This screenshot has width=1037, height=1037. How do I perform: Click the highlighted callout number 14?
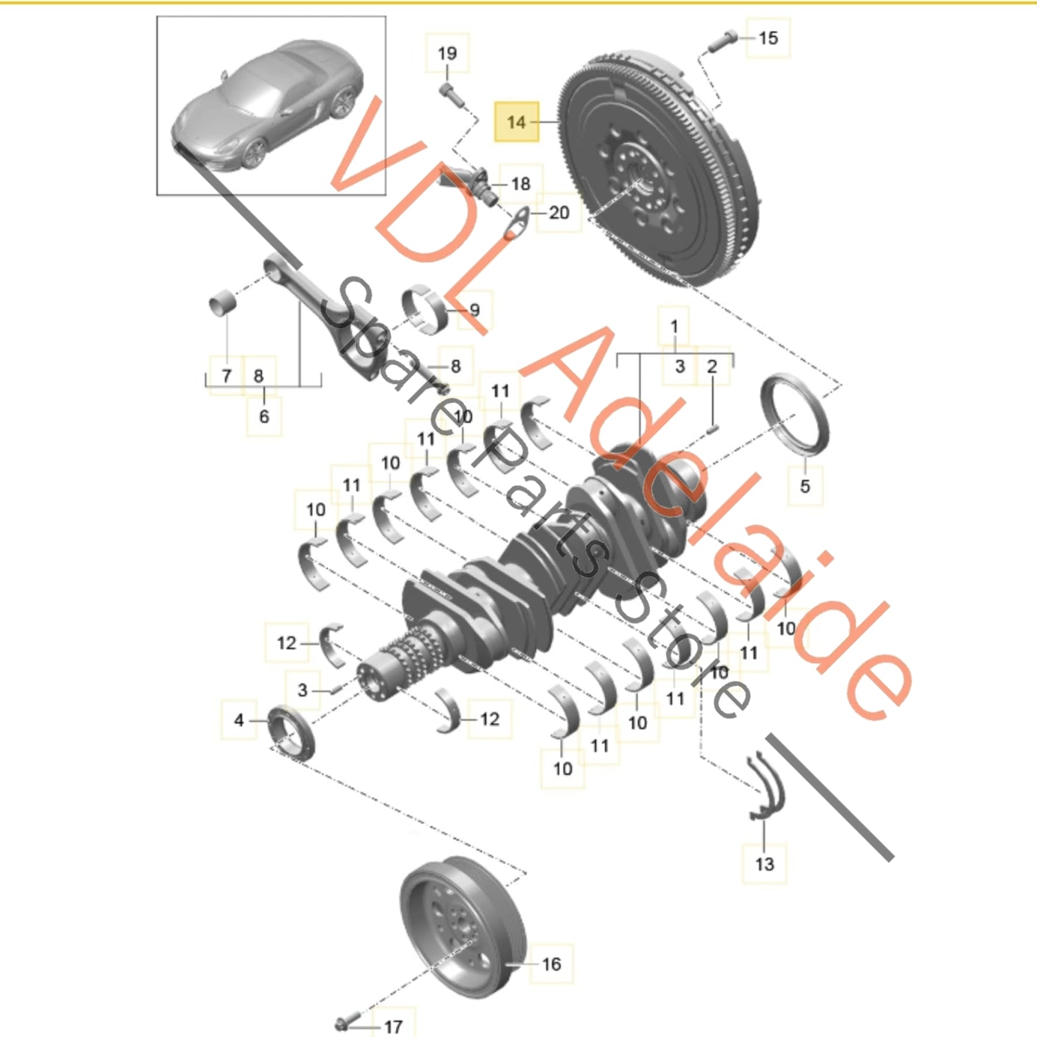pos(517,122)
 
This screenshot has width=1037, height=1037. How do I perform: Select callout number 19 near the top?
pos(447,54)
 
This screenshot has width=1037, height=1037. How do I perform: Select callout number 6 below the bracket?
pos(264,416)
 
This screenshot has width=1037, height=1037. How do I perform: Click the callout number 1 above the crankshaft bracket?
pos(674,327)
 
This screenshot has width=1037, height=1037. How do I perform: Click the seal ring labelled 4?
pos(292,732)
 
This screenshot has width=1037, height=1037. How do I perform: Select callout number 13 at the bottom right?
pos(764,864)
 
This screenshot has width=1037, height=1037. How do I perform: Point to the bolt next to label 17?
pos(346,1023)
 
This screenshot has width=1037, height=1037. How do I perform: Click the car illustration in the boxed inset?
pos(271,107)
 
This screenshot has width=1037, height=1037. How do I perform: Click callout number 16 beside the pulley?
pos(551,964)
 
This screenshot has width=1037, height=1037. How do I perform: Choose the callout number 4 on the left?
pos(239,720)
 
